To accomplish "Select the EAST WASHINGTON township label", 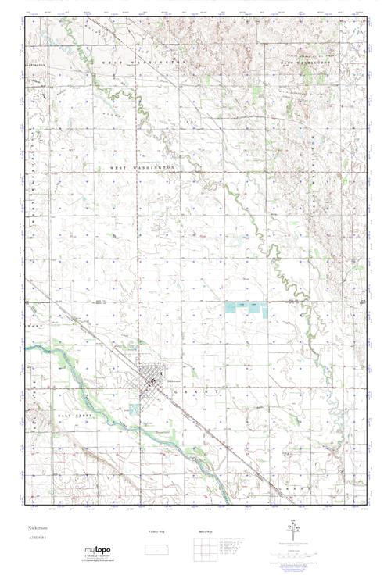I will [x=313, y=66].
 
